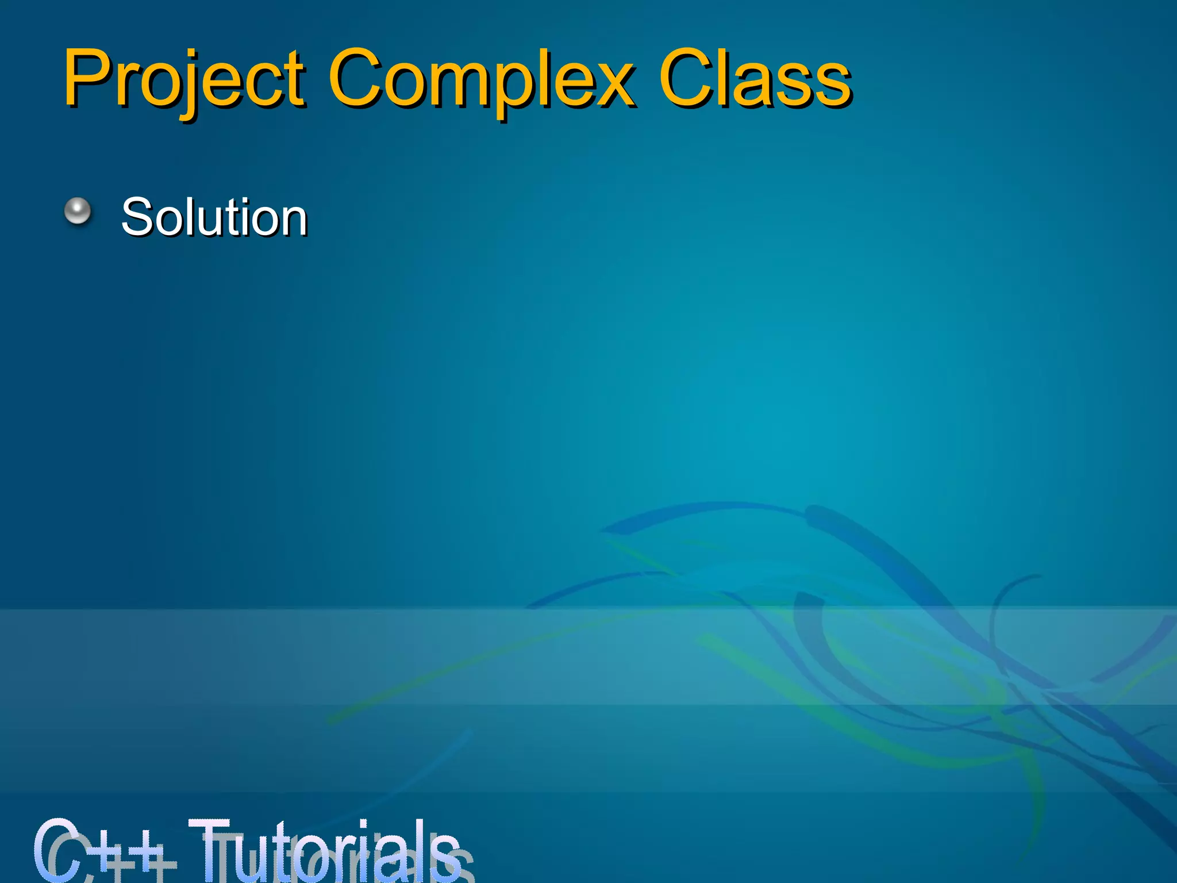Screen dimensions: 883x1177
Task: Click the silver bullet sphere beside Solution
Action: [x=78, y=211]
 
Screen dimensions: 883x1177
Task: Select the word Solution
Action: [x=214, y=217]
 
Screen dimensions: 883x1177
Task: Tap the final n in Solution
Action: [x=293, y=221]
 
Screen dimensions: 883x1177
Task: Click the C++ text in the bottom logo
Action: [x=98, y=851]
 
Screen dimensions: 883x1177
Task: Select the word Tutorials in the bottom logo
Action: [x=325, y=851]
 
